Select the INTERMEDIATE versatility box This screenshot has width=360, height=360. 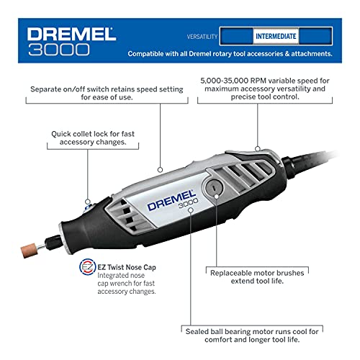pyautogui.click(x=276, y=35)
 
